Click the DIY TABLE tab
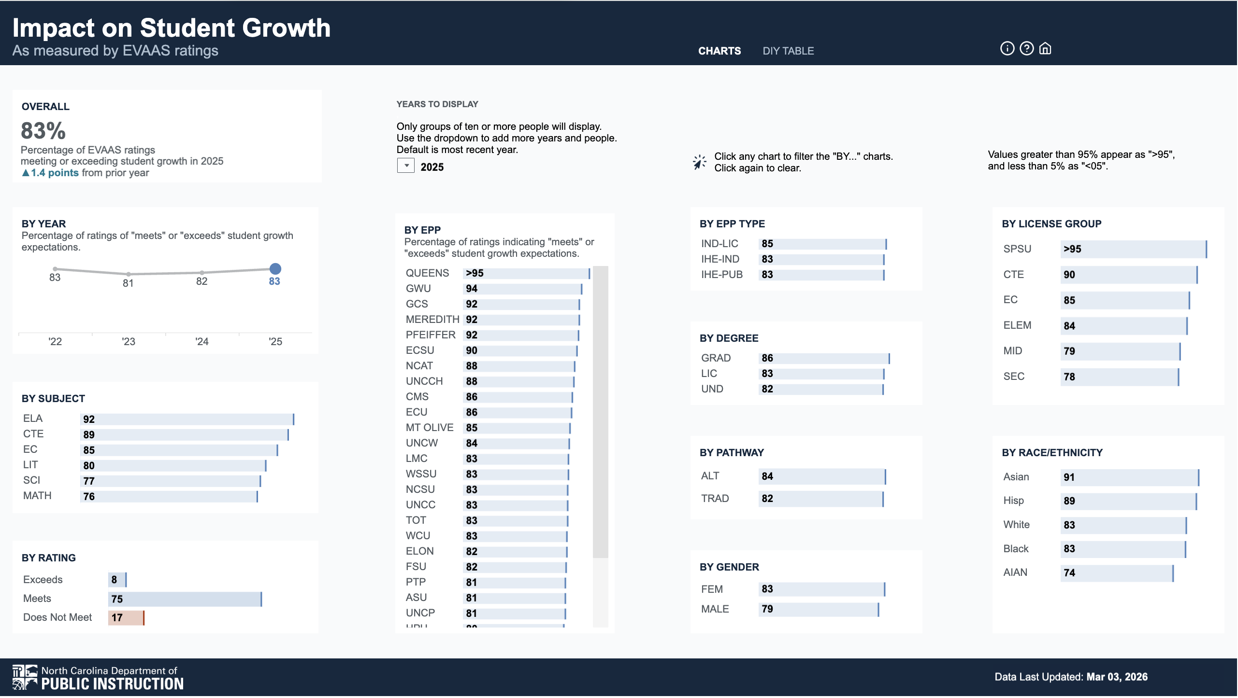[788, 51]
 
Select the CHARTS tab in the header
[719, 51]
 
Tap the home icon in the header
[1045, 49]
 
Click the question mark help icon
[1026, 49]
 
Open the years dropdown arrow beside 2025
[406, 166]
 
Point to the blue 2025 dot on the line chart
[275, 269]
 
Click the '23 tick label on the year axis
[129, 342]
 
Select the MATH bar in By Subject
[169, 497]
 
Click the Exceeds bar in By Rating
[117, 580]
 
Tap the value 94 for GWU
[472, 289]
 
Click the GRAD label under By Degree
[716, 358]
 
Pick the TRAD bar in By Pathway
[821, 499]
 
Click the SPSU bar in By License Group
[1134, 250]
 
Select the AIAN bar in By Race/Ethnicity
[1117, 573]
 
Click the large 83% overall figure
[43, 131]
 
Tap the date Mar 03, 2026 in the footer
[1117, 677]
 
